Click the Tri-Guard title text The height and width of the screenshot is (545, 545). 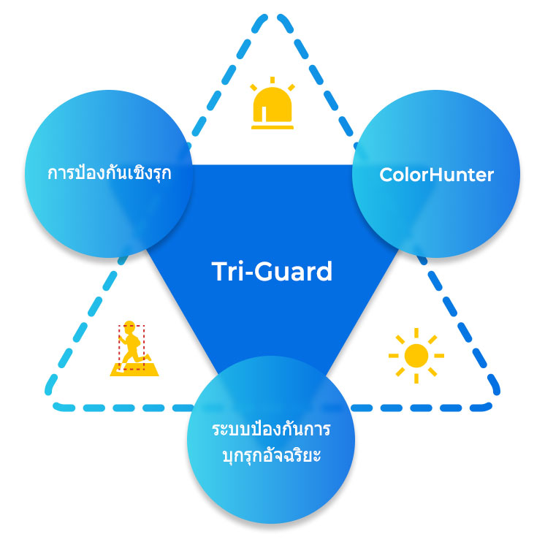[272, 271]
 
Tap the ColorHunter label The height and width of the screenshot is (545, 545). [436, 175]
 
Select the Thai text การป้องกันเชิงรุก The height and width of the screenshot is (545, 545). [109, 172]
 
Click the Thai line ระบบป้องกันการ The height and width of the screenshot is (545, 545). [271, 429]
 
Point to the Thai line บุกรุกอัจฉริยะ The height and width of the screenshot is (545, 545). [272, 455]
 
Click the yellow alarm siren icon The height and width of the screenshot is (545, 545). [272, 103]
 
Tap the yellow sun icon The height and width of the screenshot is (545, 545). [416, 356]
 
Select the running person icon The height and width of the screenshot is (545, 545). [134, 348]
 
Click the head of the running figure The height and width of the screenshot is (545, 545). [129, 326]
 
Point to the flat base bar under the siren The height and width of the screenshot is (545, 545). [272, 128]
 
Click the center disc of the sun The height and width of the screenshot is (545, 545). [416, 356]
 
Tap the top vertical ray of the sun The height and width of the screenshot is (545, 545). [416, 332]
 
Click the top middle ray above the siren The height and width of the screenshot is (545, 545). [272, 80]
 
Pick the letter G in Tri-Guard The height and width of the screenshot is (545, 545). [265, 272]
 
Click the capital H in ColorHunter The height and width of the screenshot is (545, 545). [437, 174]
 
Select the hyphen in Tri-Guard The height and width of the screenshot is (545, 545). [248, 273]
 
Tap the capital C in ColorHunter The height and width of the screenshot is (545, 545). [386, 174]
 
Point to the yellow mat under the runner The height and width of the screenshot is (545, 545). [134, 370]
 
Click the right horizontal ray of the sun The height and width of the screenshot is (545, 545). [439, 356]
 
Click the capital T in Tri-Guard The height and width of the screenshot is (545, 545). [221, 272]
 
